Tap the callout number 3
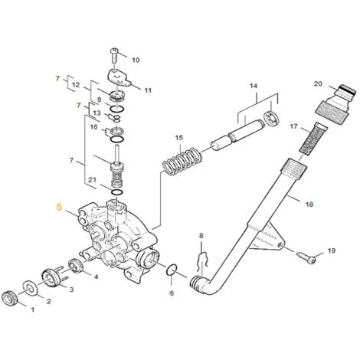(x=73, y=291)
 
